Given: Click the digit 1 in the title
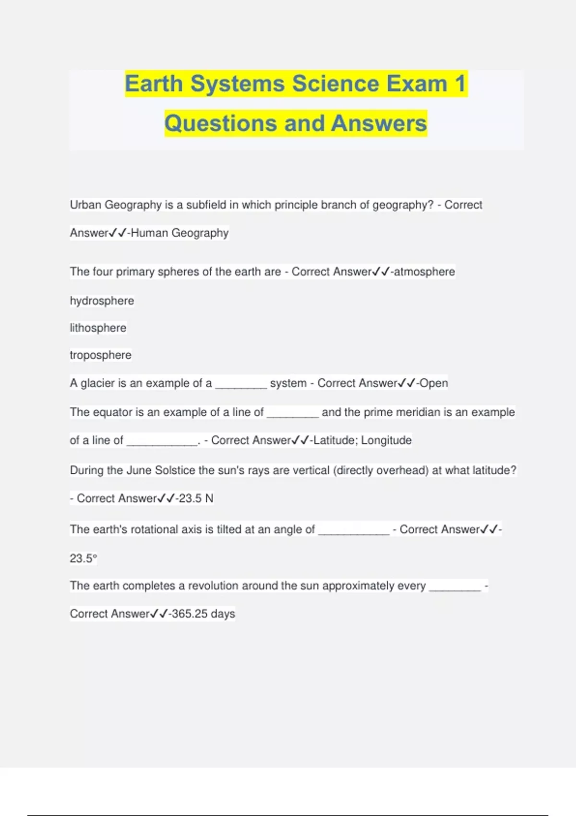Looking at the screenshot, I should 460,84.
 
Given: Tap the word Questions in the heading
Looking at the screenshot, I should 221,123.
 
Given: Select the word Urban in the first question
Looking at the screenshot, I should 85,205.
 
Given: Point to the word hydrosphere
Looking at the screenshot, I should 102,301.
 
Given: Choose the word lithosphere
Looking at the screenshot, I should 98,328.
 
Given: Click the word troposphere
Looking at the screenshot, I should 100,355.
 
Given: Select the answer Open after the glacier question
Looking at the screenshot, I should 434,383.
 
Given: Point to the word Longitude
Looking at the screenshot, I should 386,440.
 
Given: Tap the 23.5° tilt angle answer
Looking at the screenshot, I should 83,558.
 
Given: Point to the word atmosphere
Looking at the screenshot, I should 424,272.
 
